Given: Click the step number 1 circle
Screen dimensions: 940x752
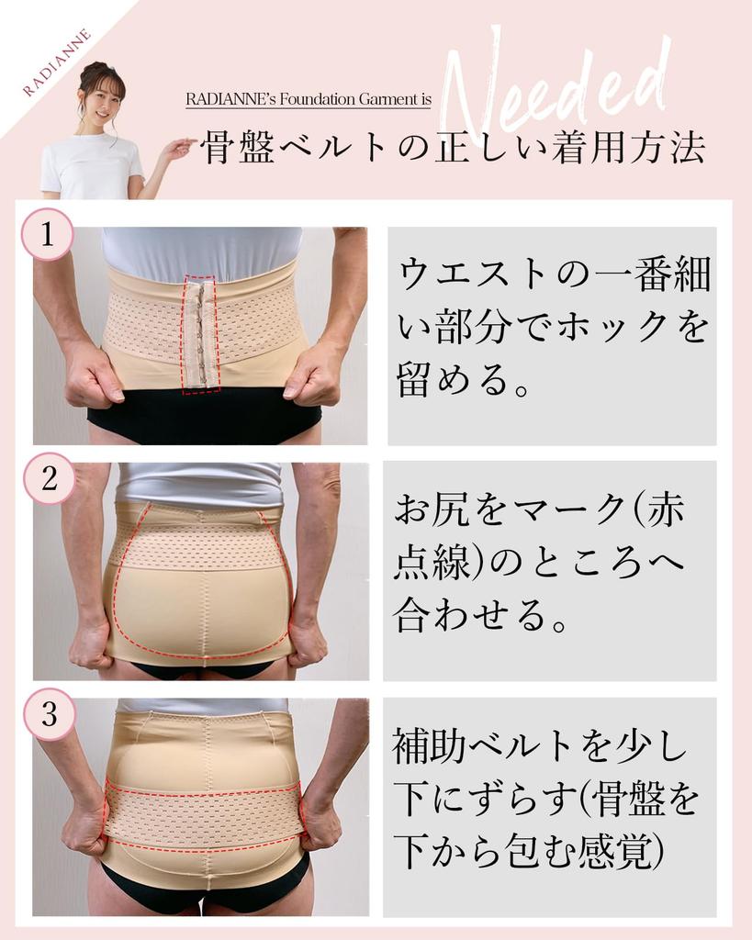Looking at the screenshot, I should tap(47, 236).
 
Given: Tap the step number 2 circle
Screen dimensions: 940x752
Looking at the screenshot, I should tap(48, 477).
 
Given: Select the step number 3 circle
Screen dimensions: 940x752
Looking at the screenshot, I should tap(49, 714).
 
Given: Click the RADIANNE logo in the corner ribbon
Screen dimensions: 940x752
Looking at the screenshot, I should tap(57, 62).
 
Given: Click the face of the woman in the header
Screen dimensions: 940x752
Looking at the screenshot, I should tap(100, 104).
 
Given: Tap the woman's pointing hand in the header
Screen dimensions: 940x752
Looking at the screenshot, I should tap(178, 147).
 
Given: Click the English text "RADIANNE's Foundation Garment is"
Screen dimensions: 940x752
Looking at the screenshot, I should tap(308, 99).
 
